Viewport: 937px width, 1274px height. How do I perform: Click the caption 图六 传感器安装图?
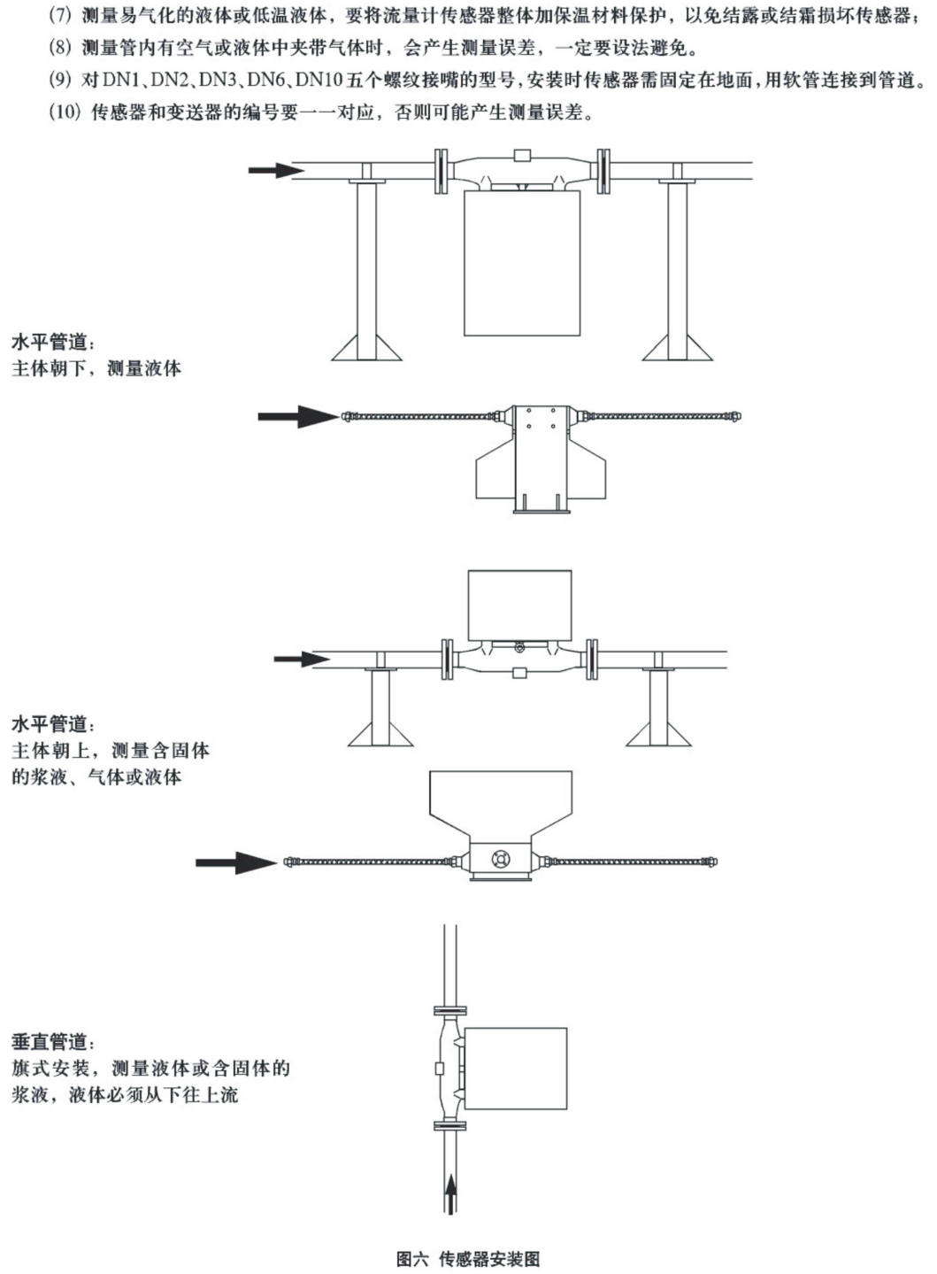[x=468, y=1258]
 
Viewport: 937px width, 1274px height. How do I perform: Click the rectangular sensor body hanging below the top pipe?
[x=522, y=263]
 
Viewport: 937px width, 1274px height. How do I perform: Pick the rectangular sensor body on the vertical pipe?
[x=514, y=1068]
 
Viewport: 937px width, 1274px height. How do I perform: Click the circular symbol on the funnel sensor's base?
[x=502, y=858]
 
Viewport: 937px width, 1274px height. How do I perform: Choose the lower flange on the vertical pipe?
[x=450, y=1125]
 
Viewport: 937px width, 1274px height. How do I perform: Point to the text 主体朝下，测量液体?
[x=96, y=368]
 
